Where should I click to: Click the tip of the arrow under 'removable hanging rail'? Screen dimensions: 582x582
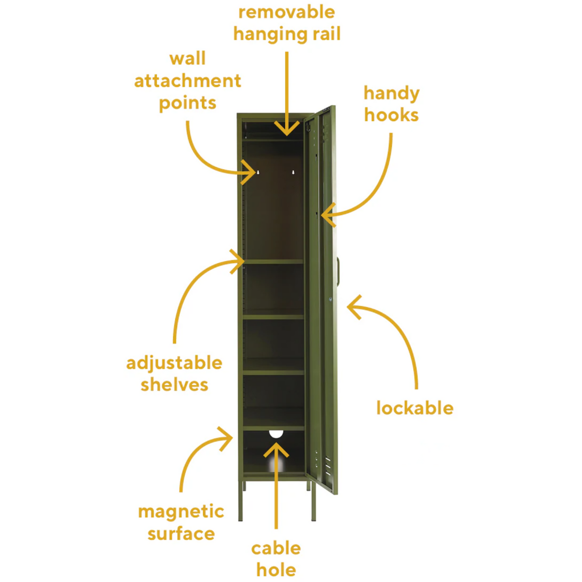tap(287, 135)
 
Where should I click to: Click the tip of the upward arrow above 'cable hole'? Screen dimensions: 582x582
tap(276, 443)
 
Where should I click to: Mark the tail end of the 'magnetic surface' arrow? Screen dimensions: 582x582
tap(181, 492)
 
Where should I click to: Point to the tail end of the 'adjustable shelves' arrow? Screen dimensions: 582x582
tap(174, 343)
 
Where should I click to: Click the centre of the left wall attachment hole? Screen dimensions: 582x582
tap(258, 172)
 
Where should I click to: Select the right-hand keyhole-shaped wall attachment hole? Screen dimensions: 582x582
tap(293, 172)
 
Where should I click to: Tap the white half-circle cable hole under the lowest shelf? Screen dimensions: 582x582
tap(276, 434)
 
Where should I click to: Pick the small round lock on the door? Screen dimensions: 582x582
tap(330, 299)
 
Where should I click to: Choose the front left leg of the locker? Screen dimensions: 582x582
tap(240, 503)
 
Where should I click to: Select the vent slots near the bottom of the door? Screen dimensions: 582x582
tap(328, 465)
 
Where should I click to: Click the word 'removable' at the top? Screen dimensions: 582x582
tap(287, 12)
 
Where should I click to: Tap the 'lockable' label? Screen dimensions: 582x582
tap(415, 408)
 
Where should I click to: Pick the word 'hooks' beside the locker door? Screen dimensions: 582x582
tap(391, 115)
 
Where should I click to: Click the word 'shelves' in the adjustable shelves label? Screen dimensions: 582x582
tap(174, 385)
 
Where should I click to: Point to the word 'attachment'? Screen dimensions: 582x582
tap(188, 81)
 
